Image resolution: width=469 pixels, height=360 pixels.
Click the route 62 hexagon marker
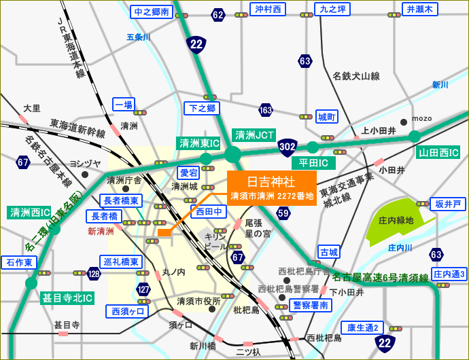pos(218,15)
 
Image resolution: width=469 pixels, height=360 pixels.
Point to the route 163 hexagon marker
pos(266,110)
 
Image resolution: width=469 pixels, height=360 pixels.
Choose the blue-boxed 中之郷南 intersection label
pos(151,12)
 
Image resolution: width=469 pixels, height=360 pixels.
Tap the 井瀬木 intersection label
pos(420,9)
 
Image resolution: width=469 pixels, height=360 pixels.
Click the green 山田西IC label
pos(439,152)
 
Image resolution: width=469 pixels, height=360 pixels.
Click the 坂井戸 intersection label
pos(448,204)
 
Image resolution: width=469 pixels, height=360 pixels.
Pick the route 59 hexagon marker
pos(283,214)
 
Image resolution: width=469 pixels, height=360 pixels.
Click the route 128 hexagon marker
pos(94,273)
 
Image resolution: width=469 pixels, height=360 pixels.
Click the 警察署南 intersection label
pos(311,305)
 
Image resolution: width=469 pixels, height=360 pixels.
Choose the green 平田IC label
pos(313,163)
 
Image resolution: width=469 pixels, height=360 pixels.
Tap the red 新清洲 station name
pos(101,232)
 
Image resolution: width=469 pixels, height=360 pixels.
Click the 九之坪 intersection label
pos(333,9)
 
